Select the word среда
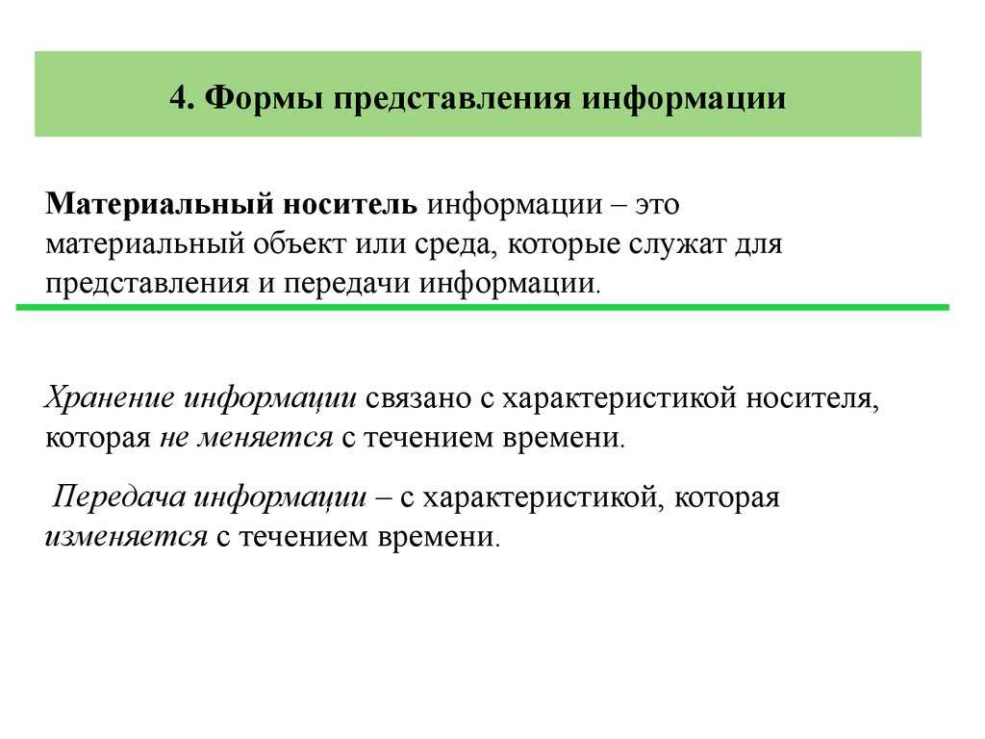[x=452, y=244]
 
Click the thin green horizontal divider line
[x=481, y=307]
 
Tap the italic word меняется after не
[x=265, y=438]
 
